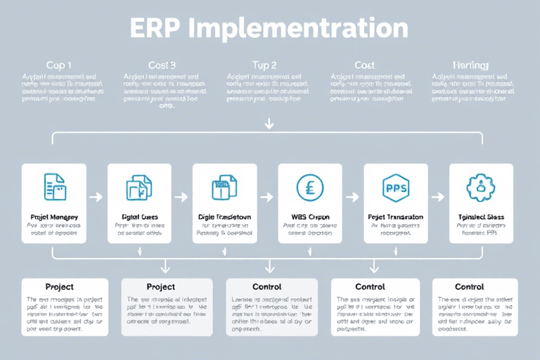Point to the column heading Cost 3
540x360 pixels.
162,65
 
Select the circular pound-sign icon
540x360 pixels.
310,188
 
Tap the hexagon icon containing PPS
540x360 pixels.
395,188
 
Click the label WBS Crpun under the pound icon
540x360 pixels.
310,217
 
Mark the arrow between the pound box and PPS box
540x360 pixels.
352,198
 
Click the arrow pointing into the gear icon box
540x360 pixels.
438,198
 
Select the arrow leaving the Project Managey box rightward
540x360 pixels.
96,198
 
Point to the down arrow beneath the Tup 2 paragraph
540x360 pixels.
269,123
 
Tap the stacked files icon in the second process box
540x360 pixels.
139,188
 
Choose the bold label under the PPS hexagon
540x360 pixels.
395,217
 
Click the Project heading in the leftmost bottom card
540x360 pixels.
60,287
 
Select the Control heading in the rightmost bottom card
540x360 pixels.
469,287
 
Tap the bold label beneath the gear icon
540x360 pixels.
481,217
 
